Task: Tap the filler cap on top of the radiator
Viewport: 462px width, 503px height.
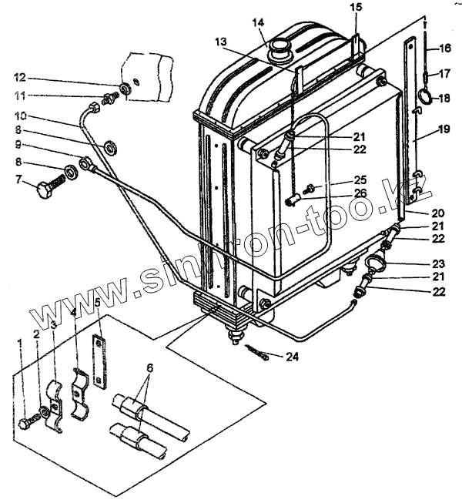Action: coord(277,51)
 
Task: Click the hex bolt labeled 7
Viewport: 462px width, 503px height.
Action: coord(47,187)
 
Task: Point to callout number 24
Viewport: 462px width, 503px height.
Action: coord(293,356)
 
